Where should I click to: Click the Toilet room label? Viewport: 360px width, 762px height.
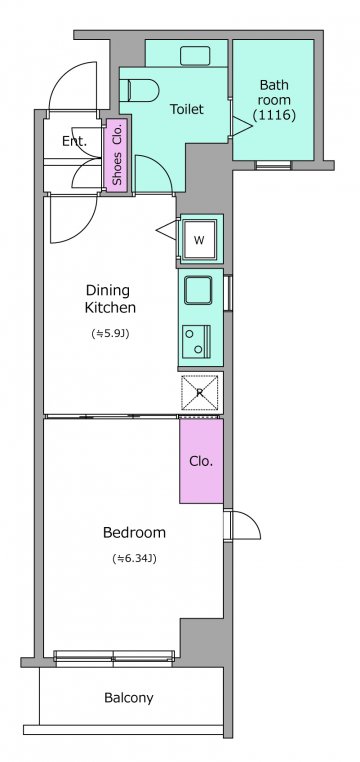point(186,109)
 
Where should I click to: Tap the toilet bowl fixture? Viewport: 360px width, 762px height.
point(143,90)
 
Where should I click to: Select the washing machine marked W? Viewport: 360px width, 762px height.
point(200,239)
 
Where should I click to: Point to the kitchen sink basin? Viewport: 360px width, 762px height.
point(198,290)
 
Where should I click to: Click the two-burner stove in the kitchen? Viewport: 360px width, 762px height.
point(197,341)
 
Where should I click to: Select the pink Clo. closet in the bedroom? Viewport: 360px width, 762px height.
point(202,461)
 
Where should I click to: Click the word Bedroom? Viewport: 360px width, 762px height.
point(135,533)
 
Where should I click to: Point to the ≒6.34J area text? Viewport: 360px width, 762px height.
point(134,559)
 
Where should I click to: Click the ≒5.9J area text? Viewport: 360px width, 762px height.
point(110,334)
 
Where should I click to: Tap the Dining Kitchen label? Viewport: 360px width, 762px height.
point(110,299)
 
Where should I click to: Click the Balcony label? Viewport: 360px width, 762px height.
point(129,698)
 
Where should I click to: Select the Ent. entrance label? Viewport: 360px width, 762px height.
point(74,141)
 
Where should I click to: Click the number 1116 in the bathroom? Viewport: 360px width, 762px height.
point(274,116)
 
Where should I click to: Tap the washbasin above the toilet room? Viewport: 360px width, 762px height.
point(195,56)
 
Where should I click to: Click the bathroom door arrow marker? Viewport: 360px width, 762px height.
point(242,126)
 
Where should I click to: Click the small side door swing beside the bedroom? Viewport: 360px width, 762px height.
point(246,525)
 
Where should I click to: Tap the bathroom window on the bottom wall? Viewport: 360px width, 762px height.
point(274,165)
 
